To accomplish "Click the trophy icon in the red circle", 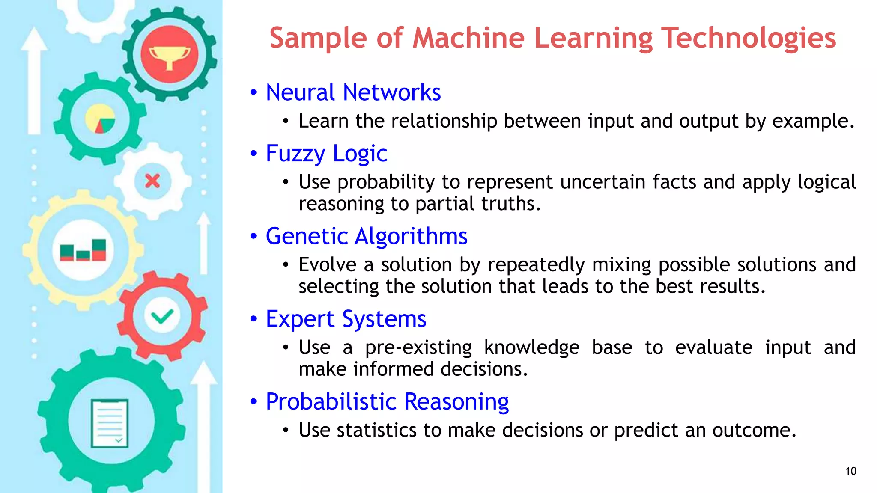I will click(x=170, y=56).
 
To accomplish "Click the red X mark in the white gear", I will click(x=152, y=181).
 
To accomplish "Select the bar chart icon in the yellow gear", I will click(x=83, y=250).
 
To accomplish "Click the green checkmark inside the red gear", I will click(x=162, y=317).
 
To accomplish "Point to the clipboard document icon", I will click(x=110, y=423).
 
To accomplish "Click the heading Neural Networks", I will click(x=353, y=92).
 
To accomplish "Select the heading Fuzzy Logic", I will click(x=326, y=154).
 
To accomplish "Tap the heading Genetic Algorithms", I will click(x=366, y=236).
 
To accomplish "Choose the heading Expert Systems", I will click(x=346, y=319).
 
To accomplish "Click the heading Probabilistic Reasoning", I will click(x=387, y=401).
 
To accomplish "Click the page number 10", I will click(x=850, y=471).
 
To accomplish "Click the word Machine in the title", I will click(x=468, y=38).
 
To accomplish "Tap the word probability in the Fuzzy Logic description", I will click(x=386, y=182).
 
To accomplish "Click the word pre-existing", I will click(x=418, y=347).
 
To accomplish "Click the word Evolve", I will click(x=327, y=265).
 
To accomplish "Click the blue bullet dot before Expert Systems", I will click(x=254, y=319).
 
